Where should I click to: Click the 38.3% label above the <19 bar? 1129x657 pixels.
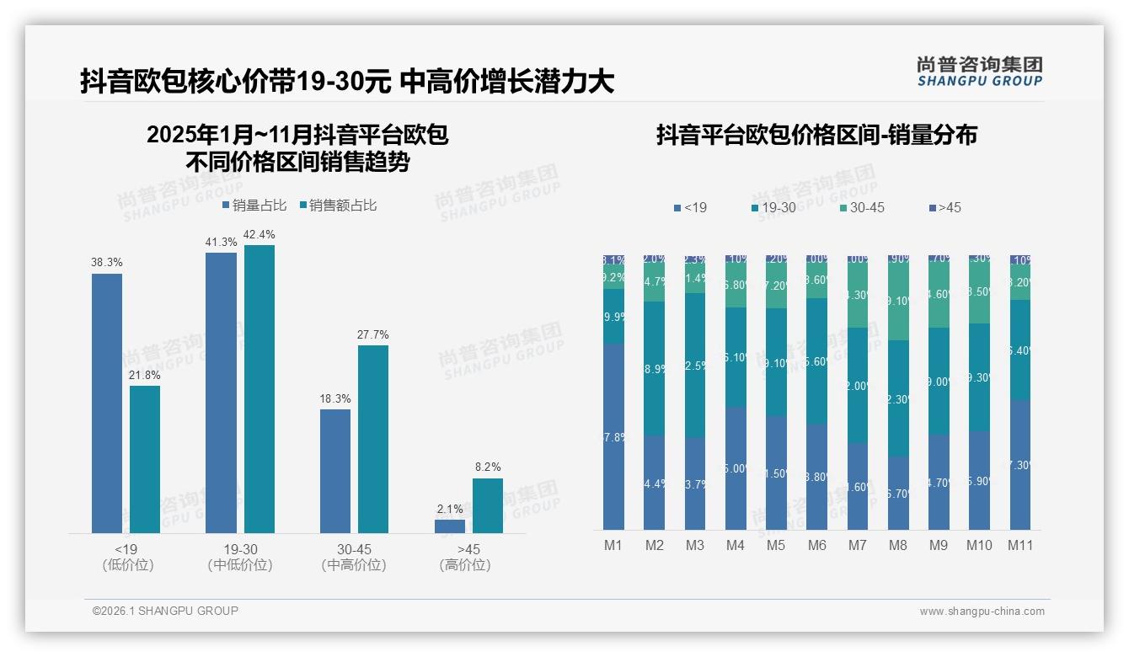tap(106, 262)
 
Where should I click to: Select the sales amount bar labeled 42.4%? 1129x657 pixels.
tap(259, 388)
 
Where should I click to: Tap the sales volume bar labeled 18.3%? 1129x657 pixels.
tap(335, 471)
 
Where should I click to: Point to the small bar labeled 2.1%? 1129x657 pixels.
tap(450, 526)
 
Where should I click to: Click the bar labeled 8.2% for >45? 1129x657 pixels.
tap(487, 505)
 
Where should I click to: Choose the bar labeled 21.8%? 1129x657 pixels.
tap(144, 459)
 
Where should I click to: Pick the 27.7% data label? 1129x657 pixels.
tap(372, 334)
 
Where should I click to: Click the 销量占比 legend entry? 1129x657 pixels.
tap(254, 206)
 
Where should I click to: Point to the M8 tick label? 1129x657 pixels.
tap(898, 545)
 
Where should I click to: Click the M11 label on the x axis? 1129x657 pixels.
tap(1020, 545)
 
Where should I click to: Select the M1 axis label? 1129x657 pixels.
tap(613, 545)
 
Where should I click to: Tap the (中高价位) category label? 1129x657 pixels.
tap(354, 565)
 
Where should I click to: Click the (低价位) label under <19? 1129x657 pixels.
tap(127, 565)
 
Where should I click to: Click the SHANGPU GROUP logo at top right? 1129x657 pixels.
tap(979, 72)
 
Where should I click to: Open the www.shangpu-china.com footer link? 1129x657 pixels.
tap(982, 612)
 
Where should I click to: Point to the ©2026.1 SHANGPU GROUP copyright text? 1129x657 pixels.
tap(165, 611)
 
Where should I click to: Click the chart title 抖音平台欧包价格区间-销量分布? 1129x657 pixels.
tap(816, 136)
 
